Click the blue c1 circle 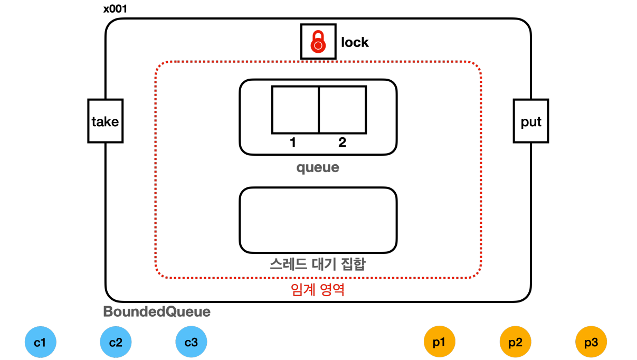[40, 343]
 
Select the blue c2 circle [116, 343]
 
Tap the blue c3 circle [191, 343]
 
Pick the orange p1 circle [439, 343]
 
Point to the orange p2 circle [515, 343]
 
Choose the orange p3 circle [591, 343]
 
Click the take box [105, 121]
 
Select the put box [531, 121]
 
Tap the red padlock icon [318, 42]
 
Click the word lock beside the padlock [355, 42]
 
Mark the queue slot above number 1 [295, 110]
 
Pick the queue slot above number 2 [343, 110]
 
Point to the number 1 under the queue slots [292, 143]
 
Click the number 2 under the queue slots [342, 143]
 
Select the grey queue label [318, 168]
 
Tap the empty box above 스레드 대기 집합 [318, 220]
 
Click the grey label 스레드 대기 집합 [318, 263]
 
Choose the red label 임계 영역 [318, 290]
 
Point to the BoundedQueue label [157, 312]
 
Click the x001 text [115, 9]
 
